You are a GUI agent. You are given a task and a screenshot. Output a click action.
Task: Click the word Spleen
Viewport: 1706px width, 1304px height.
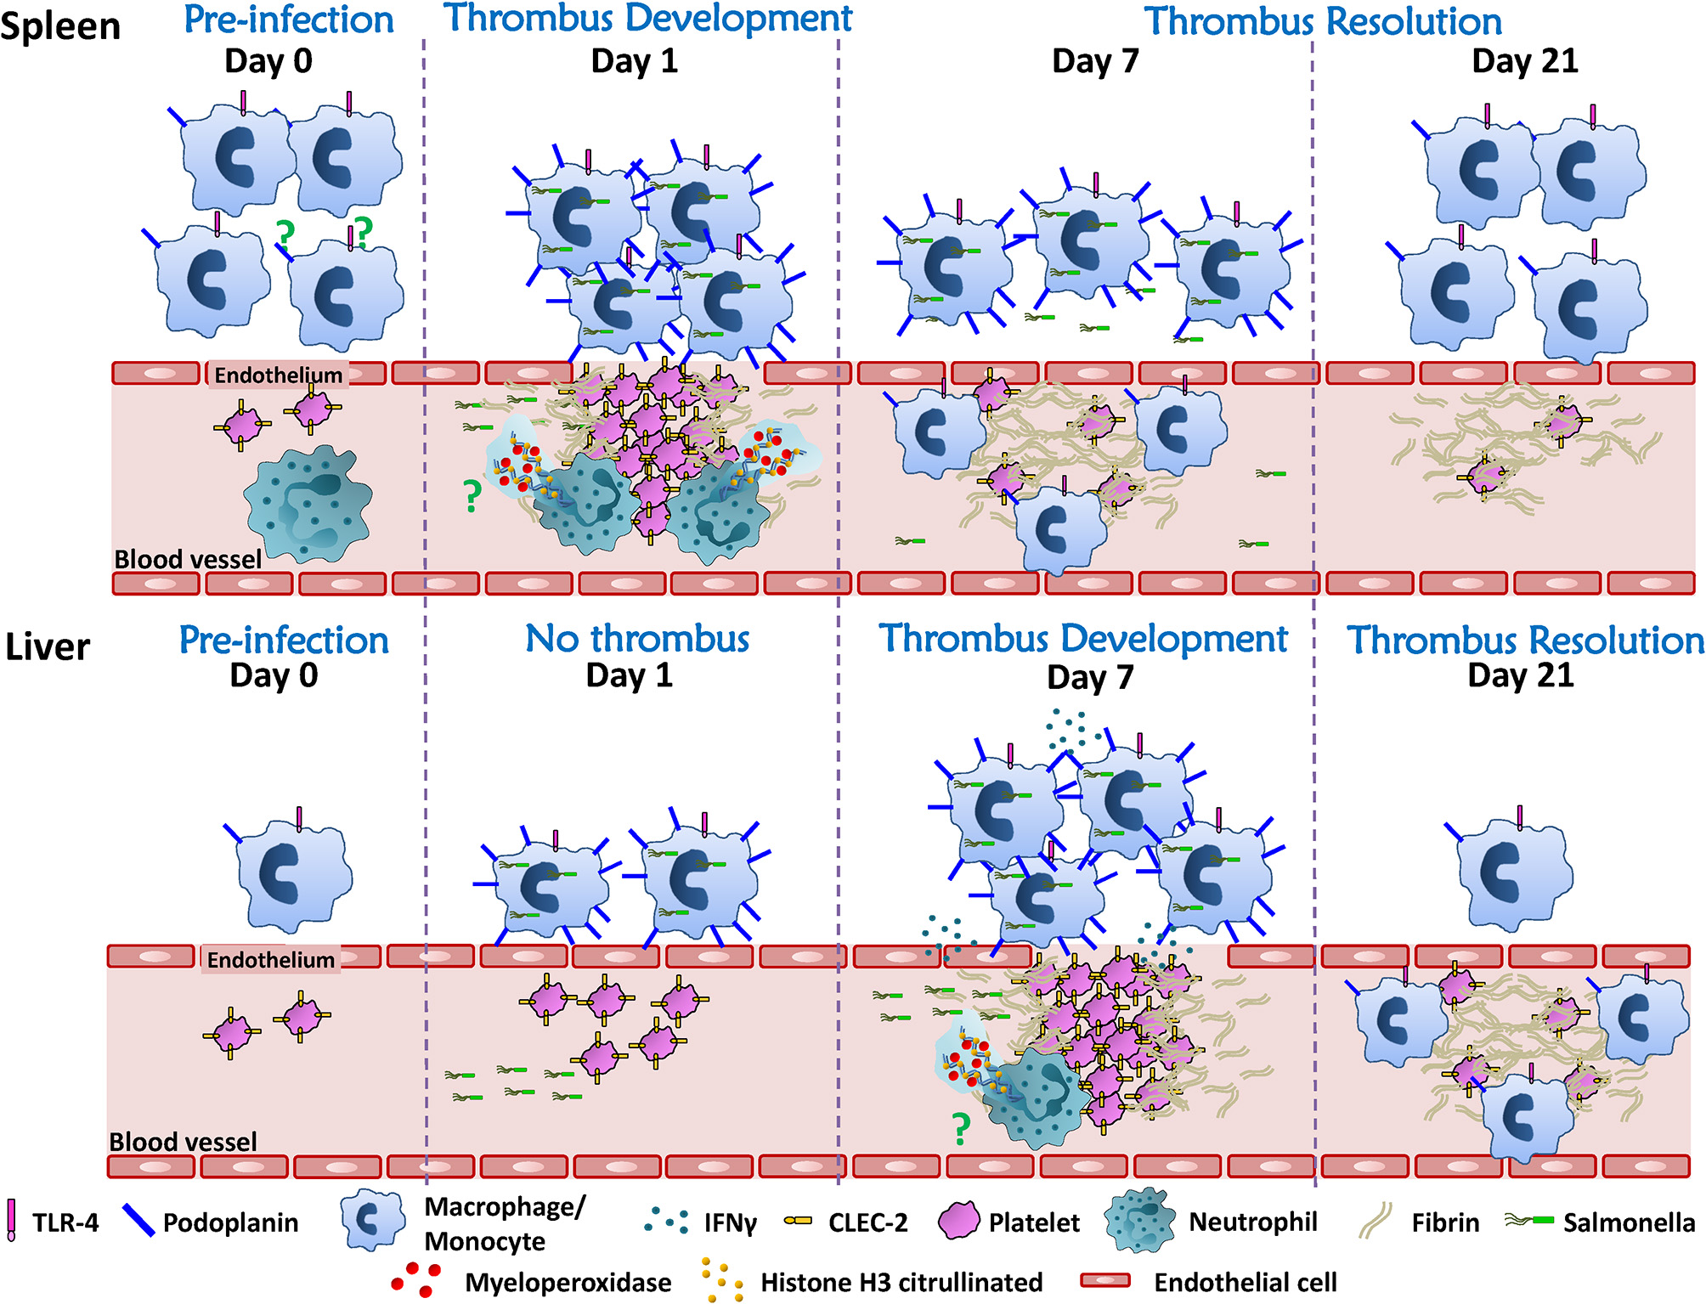[60, 26]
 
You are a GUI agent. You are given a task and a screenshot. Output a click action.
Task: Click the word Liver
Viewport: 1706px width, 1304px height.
[48, 647]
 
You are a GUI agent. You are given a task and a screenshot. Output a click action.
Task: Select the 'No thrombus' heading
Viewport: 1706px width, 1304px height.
[637, 639]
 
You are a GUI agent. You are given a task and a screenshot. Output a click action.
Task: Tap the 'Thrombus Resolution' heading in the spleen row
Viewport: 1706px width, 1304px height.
[1323, 21]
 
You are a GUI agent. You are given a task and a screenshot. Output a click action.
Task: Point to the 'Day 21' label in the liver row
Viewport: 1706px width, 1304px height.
[1521, 675]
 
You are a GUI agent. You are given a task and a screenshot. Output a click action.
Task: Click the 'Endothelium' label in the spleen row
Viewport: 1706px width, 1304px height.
[278, 375]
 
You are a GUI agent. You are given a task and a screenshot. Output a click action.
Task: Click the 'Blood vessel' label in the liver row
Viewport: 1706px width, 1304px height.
[183, 1142]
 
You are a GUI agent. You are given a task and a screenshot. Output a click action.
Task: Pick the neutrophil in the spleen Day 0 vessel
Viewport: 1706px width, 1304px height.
[308, 504]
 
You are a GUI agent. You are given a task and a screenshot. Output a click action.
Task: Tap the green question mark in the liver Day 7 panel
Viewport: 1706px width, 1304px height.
[961, 1129]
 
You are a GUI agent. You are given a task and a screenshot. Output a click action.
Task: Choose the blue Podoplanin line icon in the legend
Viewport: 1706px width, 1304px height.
[138, 1221]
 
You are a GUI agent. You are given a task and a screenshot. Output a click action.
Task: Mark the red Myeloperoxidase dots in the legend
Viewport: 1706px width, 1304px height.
[416, 1279]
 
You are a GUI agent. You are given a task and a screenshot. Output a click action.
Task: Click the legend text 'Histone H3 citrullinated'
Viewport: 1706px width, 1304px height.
[901, 1282]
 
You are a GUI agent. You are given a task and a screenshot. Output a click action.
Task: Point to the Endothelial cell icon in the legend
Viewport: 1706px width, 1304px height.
[1104, 1280]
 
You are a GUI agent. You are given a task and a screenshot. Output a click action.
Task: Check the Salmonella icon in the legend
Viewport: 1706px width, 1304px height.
[1529, 1221]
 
